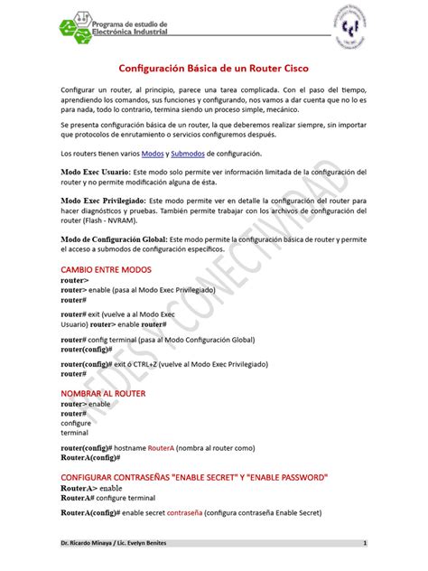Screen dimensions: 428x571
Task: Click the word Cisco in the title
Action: pos(289,70)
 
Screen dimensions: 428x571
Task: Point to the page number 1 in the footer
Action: pos(363,543)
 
